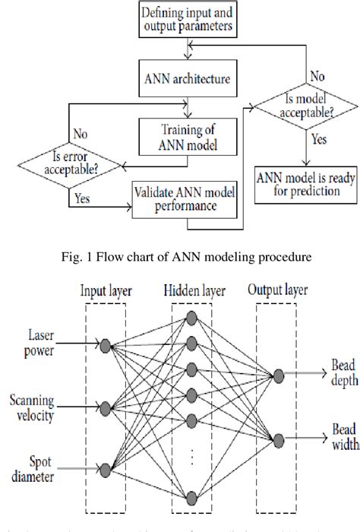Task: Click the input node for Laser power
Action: [x=106, y=346]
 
